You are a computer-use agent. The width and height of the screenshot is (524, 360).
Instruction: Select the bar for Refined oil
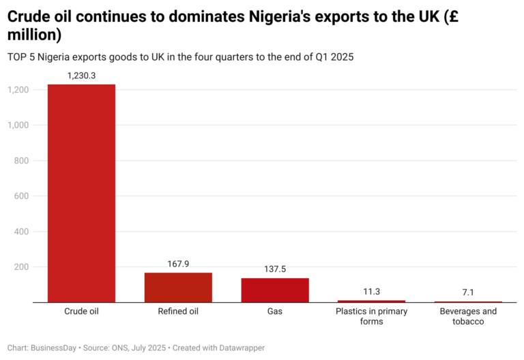coord(178,287)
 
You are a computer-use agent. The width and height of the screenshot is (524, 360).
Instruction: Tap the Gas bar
coord(275,290)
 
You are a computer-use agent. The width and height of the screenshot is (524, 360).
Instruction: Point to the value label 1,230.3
coord(81,76)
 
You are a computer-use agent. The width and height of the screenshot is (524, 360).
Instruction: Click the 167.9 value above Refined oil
coord(178,264)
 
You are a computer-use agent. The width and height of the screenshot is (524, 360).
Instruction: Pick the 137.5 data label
coord(275,269)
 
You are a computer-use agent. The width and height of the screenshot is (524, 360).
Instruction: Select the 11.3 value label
coord(372,292)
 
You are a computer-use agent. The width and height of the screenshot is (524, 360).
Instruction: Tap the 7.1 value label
coord(468,292)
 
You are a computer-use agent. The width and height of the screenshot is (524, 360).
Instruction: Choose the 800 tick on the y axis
coord(20,161)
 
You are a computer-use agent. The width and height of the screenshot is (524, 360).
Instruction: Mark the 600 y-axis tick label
coord(20,196)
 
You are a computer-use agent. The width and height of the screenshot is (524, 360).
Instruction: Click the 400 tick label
coord(20,232)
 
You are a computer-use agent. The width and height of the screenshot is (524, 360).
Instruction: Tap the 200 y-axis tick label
coord(20,267)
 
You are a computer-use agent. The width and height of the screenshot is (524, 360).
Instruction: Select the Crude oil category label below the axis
coord(81,312)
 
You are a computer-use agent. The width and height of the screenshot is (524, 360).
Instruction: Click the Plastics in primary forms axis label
coord(372,316)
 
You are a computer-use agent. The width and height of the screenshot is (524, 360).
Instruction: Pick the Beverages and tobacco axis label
coord(468,316)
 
